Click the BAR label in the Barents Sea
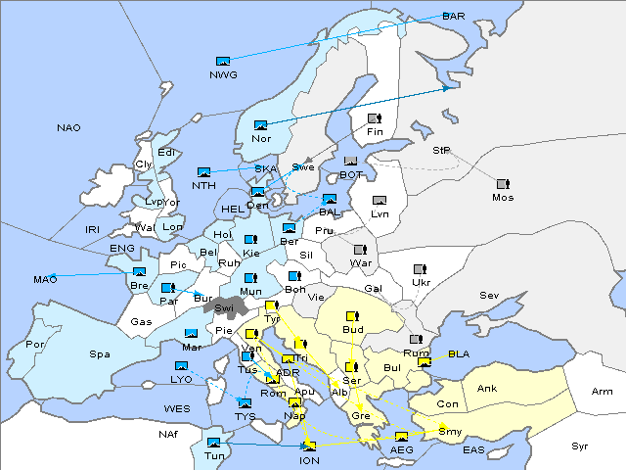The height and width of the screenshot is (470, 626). pos(454,17)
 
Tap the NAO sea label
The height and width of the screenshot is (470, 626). pos(69,128)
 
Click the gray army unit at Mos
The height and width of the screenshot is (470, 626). pos(503,184)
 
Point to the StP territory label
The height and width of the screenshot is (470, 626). pos(442,151)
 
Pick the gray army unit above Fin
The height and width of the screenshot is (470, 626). pos(374,119)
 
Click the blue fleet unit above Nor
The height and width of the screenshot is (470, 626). pos(260,125)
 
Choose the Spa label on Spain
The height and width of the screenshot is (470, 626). pos(100,353)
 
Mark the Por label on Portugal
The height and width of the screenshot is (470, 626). pos(36,345)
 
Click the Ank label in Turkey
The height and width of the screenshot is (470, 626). pos(487,389)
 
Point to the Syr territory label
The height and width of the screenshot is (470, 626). pos(580,446)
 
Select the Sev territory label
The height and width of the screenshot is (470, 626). pos(488,295)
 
